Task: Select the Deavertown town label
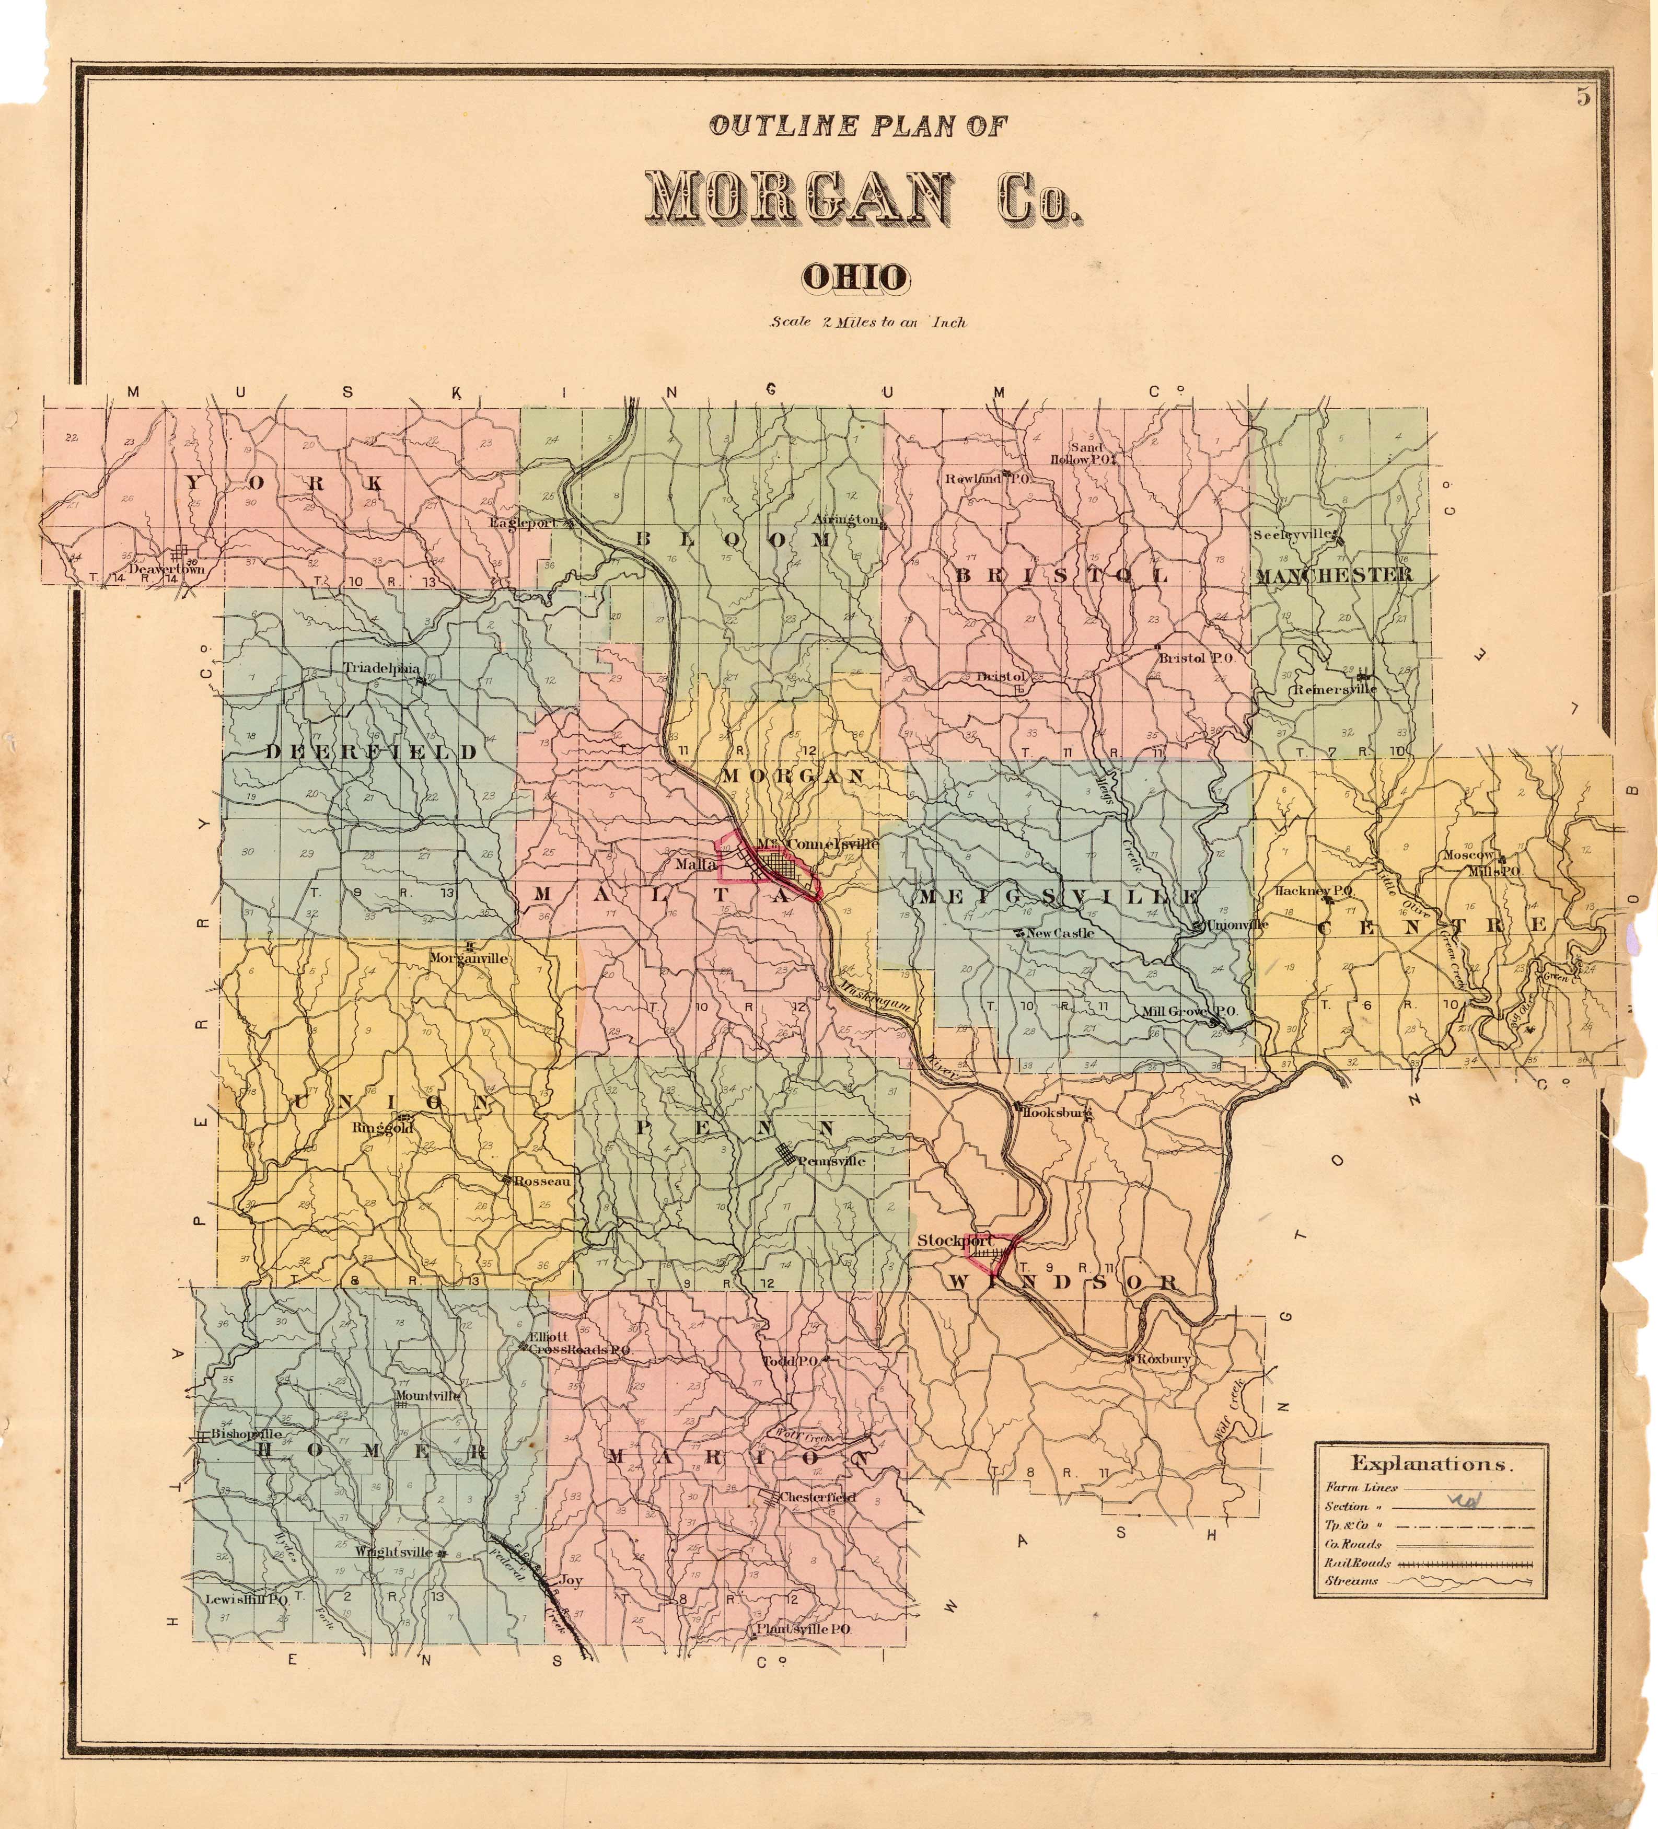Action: [x=166, y=570]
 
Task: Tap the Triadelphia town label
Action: [x=382, y=668]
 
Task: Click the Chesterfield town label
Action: [x=817, y=1497]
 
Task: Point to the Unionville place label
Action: [x=1237, y=925]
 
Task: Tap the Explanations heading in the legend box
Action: [x=1430, y=1463]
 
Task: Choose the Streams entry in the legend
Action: [x=1351, y=1581]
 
